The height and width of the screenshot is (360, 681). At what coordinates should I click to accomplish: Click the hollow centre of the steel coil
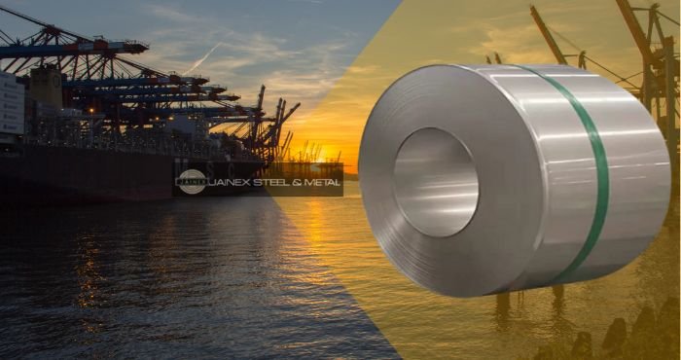tap(435, 182)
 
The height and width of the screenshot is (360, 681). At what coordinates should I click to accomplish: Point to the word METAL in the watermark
tap(322, 181)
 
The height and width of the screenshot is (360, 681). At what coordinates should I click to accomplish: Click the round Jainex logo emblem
tap(191, 181)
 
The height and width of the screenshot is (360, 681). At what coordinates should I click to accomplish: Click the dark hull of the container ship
tap(78, 175)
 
